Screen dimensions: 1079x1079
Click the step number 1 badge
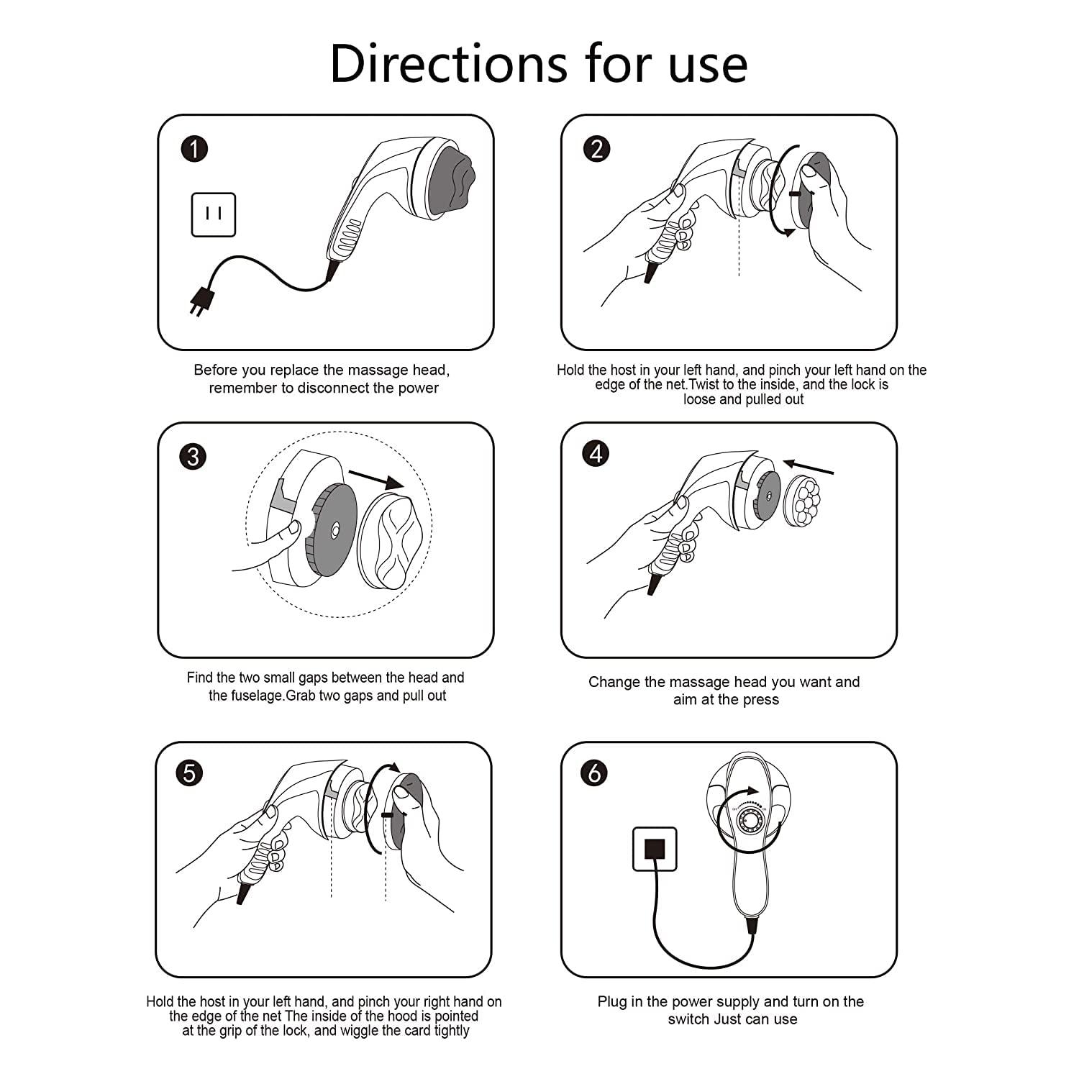pos(194,149)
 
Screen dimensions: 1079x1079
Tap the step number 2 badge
pos(596,149)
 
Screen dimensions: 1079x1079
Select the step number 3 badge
pos(193,457)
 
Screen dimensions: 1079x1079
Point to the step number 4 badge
pos(596,454)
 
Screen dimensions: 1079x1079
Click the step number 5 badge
pos(190,773)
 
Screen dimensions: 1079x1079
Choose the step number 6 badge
pos(595,773)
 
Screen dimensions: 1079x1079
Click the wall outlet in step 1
pos(213,214)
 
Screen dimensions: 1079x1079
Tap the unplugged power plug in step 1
pos(197,301)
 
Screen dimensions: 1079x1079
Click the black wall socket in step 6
pos(655,849)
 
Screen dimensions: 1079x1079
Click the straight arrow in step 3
pos(375,479)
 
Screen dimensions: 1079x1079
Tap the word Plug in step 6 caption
pos(613,1001)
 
